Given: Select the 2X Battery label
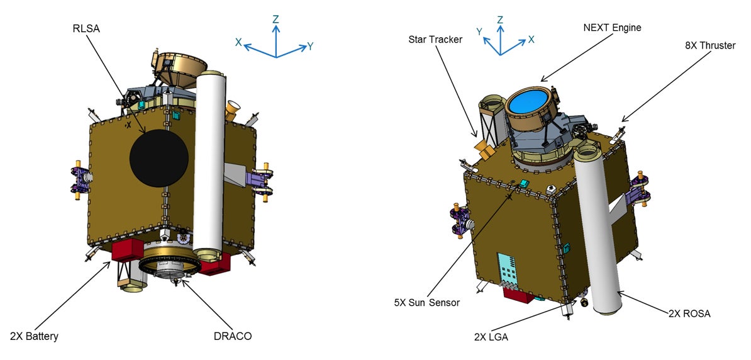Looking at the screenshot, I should click(34, 336).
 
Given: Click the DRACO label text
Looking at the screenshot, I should click(232, 336).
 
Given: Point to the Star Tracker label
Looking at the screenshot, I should click(434, 40).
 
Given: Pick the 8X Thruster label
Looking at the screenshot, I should click(710, 45).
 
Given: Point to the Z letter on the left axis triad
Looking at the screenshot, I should click(275, 20).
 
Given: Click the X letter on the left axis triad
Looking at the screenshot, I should click(239, 42).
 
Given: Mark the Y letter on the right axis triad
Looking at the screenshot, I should click(479, 31).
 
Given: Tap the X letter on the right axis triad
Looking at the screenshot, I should click(531, 39).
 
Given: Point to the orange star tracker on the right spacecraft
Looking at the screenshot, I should click(485, 150).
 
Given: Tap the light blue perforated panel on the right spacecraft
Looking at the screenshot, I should click(509, 270).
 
